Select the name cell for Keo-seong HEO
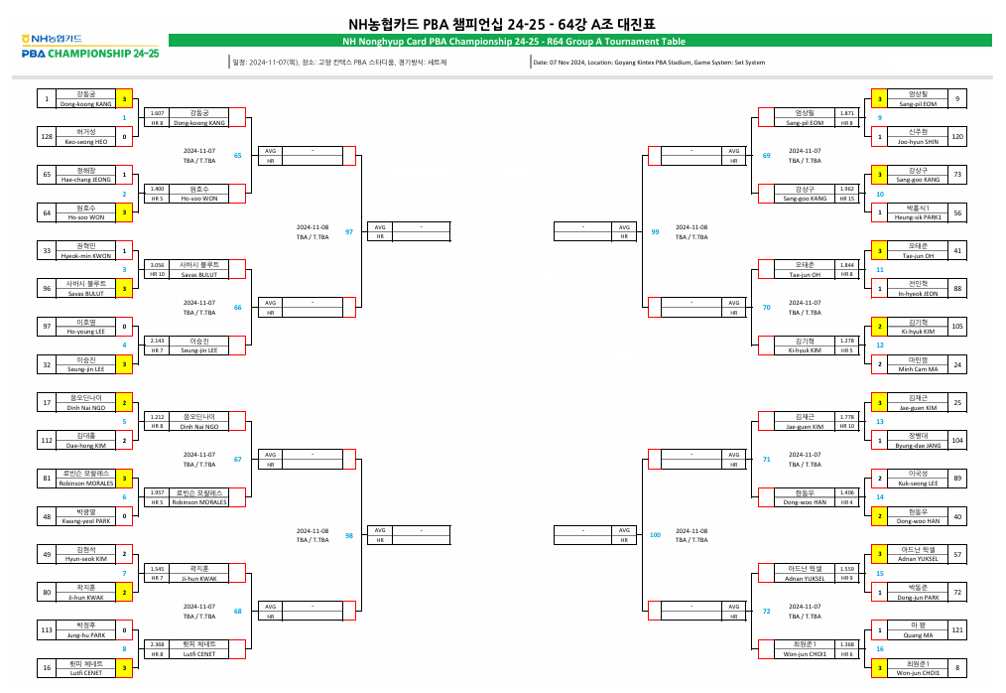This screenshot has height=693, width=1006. (85, 137)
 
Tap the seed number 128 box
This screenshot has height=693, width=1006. (46, 137)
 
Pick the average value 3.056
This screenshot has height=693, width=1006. (157, 265)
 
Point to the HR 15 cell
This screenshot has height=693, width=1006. (846, 199)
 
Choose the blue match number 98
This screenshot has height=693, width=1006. (349, 535)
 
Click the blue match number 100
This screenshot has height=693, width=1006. (655, 535)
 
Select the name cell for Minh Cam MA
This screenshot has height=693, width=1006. (918, 364)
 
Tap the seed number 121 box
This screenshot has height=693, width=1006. (956, 630)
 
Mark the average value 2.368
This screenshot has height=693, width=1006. (157, 644)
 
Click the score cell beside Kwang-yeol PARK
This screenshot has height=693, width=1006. (125, 516)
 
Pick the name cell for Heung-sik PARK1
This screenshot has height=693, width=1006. (918, 212)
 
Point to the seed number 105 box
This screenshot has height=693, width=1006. (956, 327)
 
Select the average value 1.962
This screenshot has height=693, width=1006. (846, 189)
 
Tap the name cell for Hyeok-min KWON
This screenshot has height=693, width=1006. (85, 251)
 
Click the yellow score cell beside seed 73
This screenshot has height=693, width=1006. (879, 175)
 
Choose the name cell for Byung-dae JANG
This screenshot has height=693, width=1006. (918, 441)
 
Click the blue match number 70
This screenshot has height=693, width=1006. (766, 308)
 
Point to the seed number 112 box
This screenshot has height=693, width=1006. (46, 441)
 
